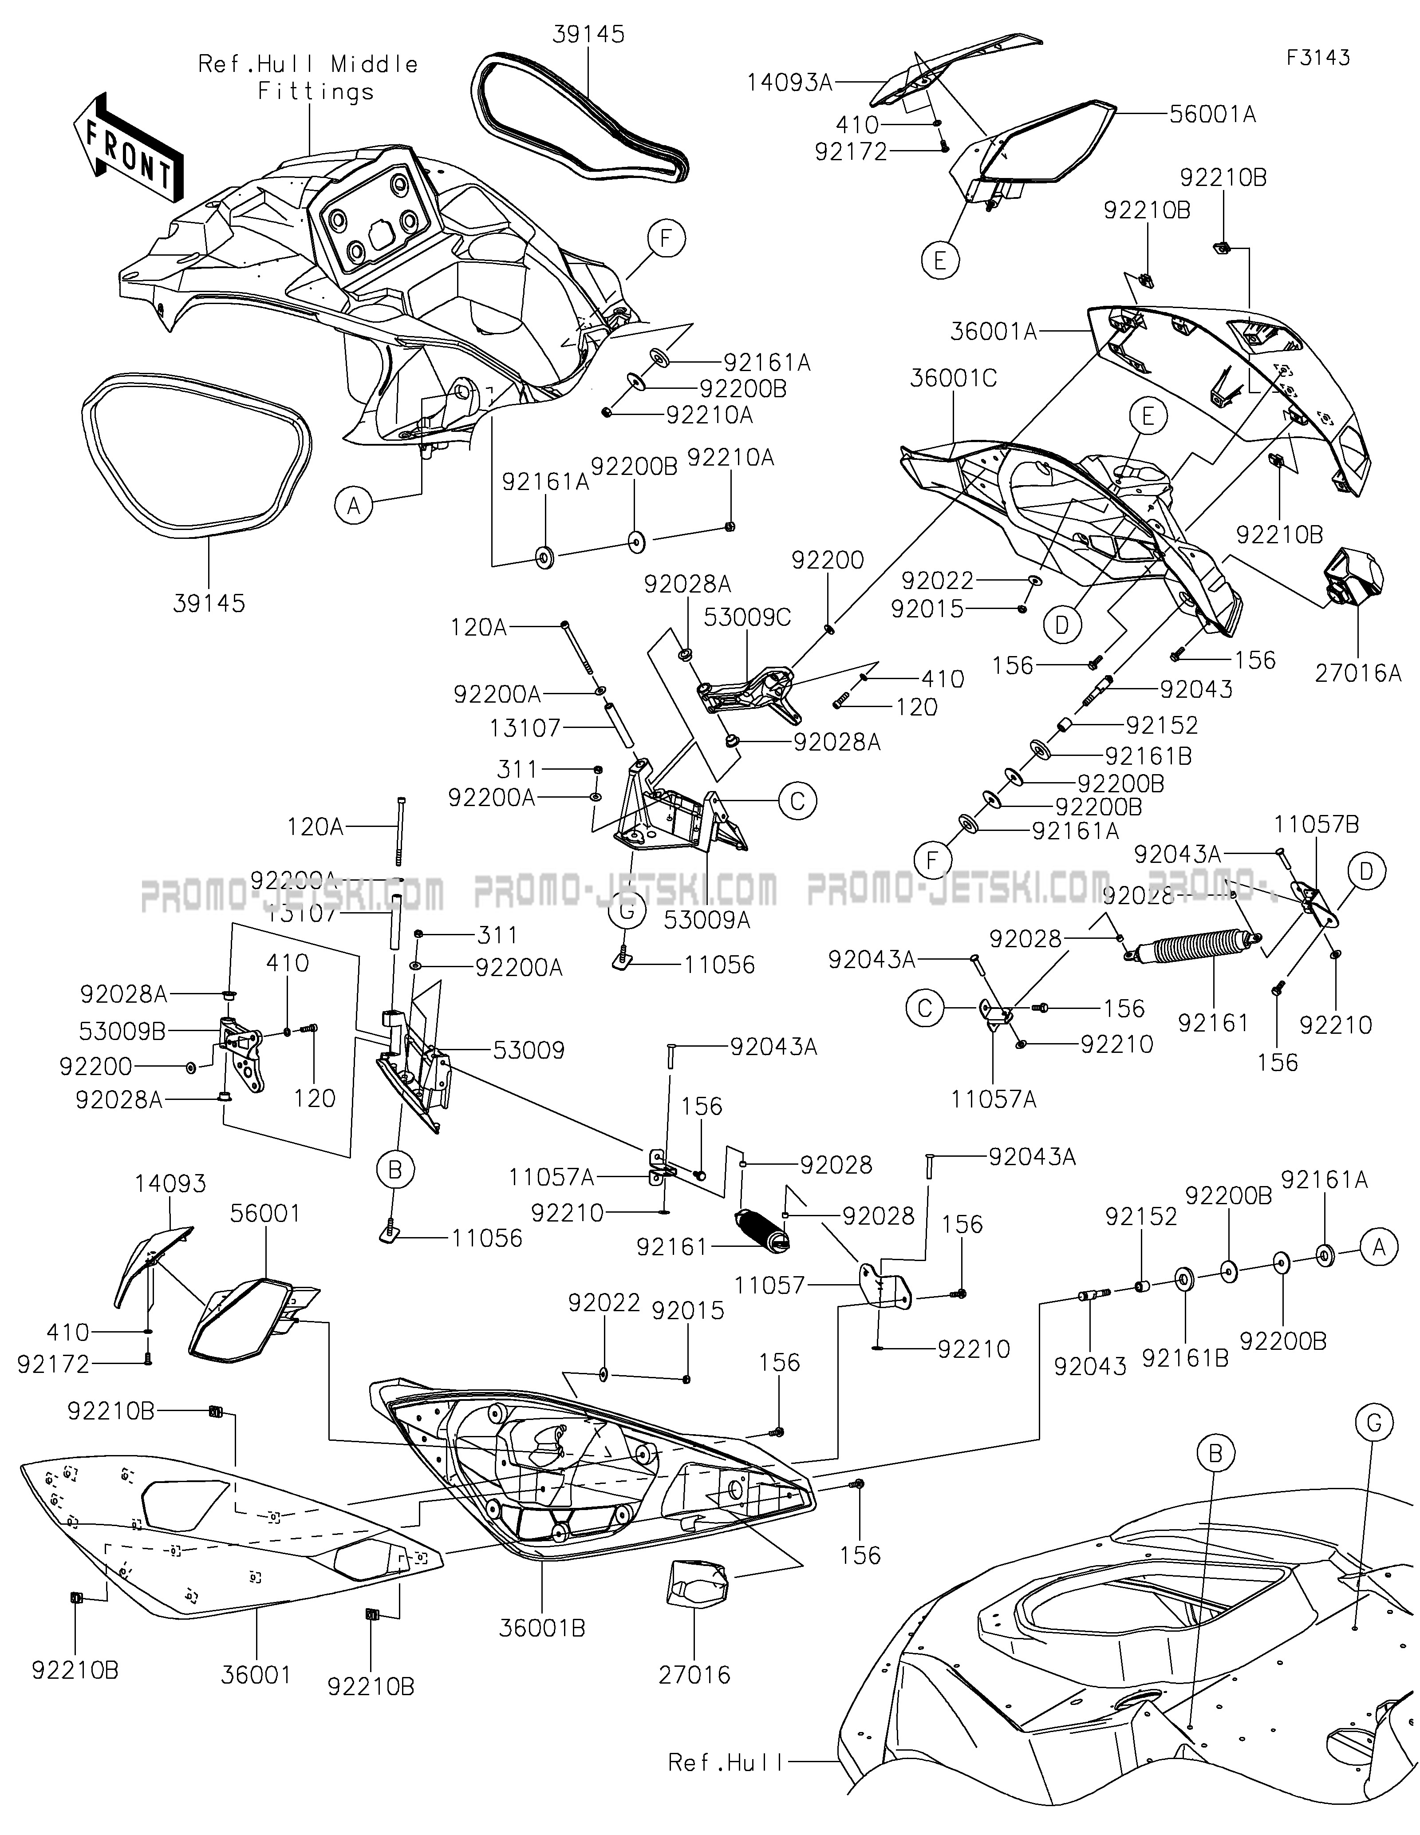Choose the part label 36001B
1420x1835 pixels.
coord(542,1628)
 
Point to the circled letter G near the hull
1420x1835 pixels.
coord(1374,1423)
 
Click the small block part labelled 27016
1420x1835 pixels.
coord(696,1584)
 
